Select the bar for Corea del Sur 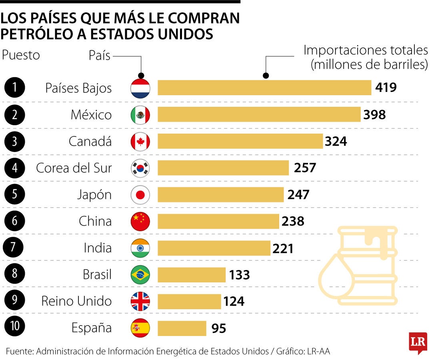click(223, 168)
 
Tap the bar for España click(182, 328)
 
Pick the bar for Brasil click(192, 275)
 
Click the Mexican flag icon click(140, 115)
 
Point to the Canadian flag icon click(140, 142)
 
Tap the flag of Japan click(140, 195)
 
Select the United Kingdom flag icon click(140, 302)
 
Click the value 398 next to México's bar click(375, 115)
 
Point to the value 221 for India click(283, 248)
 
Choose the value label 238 click(293, 221)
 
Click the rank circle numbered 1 click(15, 88)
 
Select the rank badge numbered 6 click(15, 221)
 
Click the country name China click(95, 221)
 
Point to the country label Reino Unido click(76, 301)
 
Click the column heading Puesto click(21, 55)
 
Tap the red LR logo click(418, 342)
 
